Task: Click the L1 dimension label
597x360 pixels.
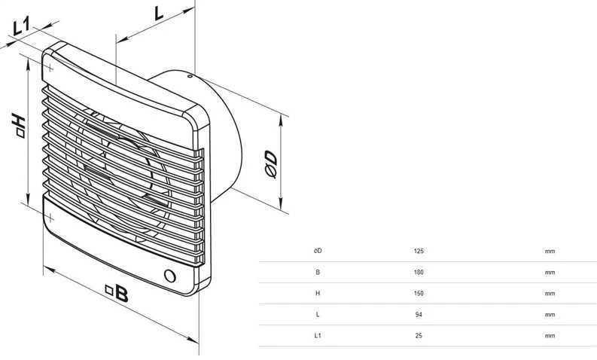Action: pos(21,26)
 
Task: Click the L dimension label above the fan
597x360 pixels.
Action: pos(158,14)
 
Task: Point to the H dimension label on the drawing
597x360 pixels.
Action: pos(19,125)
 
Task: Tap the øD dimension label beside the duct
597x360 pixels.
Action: pos(271,164)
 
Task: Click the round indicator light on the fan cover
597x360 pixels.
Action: pos(170,276)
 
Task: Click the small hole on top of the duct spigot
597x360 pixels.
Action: pos(189,76)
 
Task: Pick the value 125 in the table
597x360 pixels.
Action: pos(419,251)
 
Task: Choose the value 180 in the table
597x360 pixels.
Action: pos(419,273)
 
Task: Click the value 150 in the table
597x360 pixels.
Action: pos(419,293)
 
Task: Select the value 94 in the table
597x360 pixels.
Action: pos(419,315)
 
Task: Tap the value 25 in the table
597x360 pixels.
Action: pos(419,336)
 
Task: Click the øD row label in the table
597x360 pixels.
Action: pos(318,251)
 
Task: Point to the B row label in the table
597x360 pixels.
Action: pos(318,273)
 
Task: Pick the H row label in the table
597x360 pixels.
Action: pos(318,293)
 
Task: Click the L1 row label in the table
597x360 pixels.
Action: pos(318,336)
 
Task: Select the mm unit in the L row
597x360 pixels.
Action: pos(550,315)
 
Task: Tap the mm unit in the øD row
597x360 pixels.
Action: pos(550,252)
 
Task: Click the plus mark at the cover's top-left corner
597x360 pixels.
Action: pos(50,68)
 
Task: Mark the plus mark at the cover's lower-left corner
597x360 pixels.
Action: pos(50,218)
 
